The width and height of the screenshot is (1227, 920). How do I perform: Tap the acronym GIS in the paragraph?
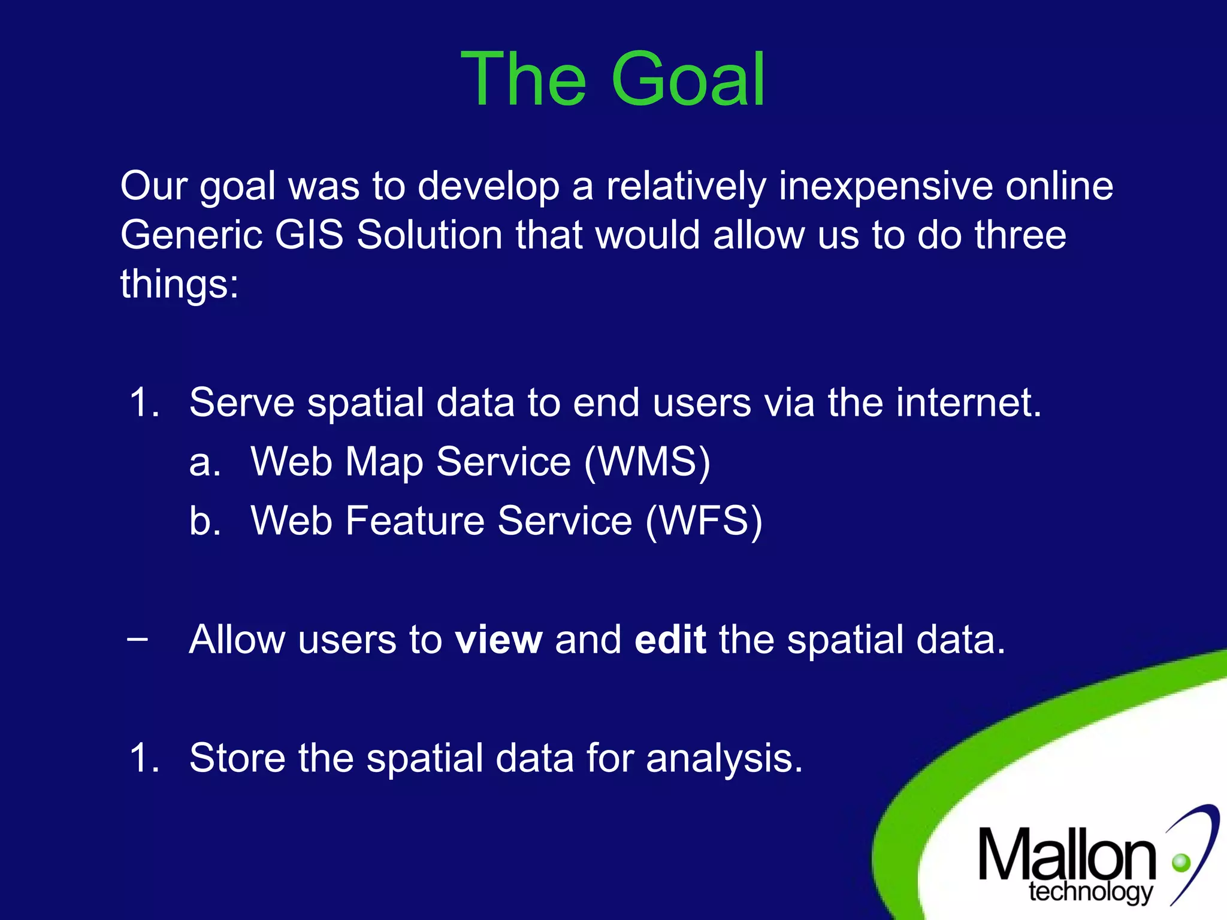(x=309, y=234)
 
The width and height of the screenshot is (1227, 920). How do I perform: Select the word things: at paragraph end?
(x=179, y=284)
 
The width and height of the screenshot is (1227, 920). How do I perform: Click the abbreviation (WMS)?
(x=647, y=462)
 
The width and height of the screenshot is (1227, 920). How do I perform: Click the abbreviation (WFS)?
(x=704, y=520)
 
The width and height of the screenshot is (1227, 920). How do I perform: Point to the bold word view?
(x=498, y=640)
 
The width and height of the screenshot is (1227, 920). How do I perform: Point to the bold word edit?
(x=670, y=640)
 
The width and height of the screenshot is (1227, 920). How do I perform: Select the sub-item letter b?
(x=204, y=520)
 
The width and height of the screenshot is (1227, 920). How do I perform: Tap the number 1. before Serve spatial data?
(x=144, y=402)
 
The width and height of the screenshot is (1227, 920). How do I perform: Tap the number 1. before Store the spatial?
(x=144, y=758)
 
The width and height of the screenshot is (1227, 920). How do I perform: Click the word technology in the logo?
(x=1090, y=892)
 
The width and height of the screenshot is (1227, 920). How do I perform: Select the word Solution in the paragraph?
(x=429, y=234)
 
